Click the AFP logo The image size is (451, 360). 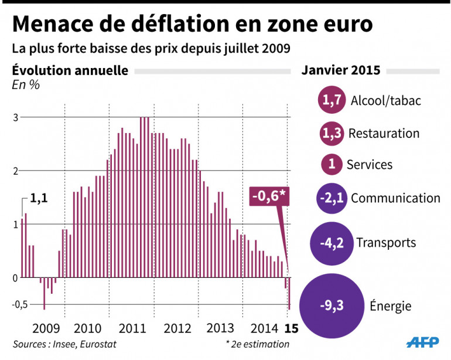423,342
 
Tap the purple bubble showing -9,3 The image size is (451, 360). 332,305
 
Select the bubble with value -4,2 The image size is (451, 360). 331,242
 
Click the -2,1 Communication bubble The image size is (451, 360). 331,198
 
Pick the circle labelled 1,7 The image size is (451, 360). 331,101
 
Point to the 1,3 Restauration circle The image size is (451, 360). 331,133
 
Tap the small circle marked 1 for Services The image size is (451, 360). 332,165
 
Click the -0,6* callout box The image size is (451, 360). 269,195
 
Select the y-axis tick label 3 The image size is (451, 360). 16,117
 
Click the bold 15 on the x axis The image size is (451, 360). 289,327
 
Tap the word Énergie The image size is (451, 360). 390,305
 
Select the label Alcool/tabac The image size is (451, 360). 385,101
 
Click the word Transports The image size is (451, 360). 385,242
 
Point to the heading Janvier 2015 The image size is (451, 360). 341,70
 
